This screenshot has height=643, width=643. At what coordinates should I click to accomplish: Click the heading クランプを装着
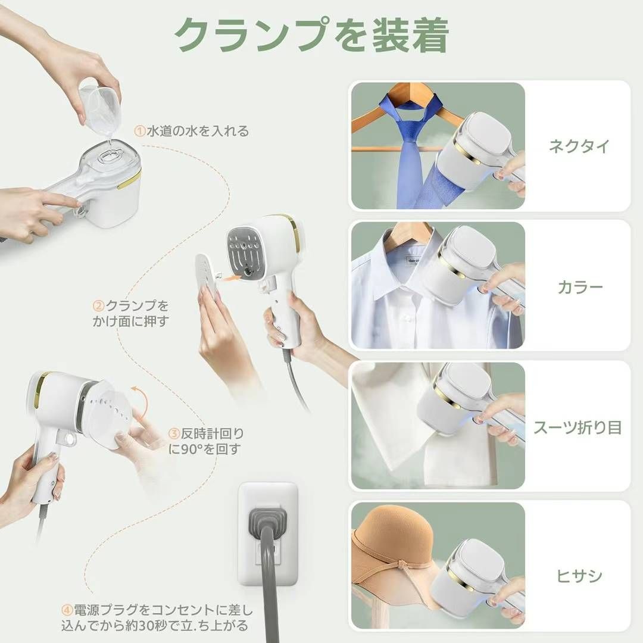coord(311,35)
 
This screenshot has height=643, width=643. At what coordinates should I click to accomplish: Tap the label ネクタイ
coord(579,146)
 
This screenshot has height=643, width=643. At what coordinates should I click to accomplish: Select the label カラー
coord(580,287)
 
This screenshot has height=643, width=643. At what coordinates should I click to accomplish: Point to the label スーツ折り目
coord(578,427)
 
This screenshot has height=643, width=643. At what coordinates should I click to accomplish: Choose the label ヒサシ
coord(579,575)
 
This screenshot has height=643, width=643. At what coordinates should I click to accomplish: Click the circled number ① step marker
coord(140,131)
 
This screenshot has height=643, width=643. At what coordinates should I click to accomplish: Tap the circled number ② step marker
coord(99,306)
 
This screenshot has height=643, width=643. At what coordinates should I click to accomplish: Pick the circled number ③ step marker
coord(174,433)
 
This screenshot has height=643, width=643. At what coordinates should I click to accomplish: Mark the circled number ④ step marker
coord(67,610)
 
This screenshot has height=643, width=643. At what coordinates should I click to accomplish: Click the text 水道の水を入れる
coord(198,131)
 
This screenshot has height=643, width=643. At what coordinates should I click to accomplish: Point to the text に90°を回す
coord(204,450)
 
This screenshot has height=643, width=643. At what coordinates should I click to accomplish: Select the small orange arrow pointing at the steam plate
coord(230,278)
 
